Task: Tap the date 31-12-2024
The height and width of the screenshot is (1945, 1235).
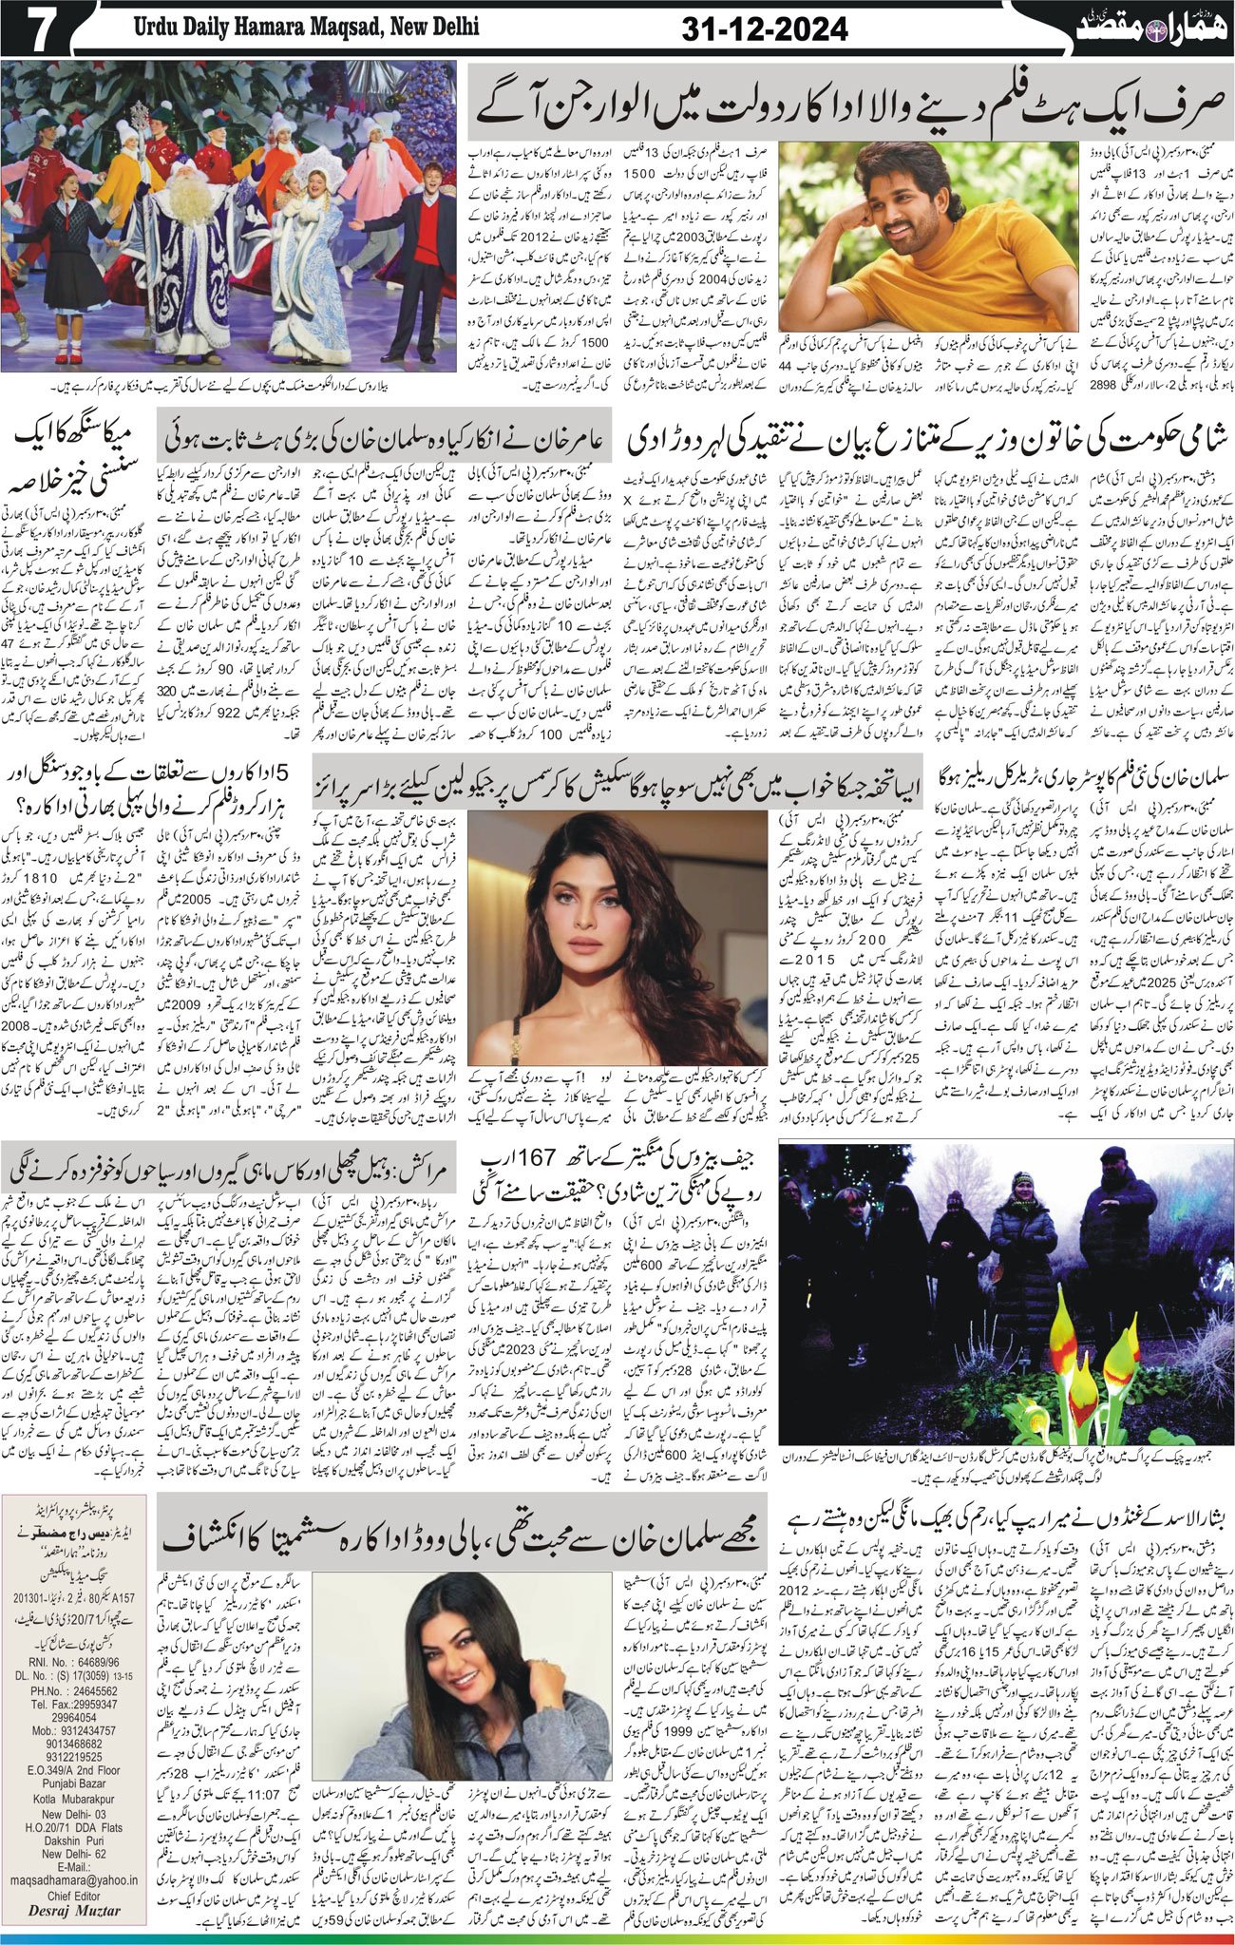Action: [x=765, y=29]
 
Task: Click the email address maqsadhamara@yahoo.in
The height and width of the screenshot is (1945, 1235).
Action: [x=81, y=1870]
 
